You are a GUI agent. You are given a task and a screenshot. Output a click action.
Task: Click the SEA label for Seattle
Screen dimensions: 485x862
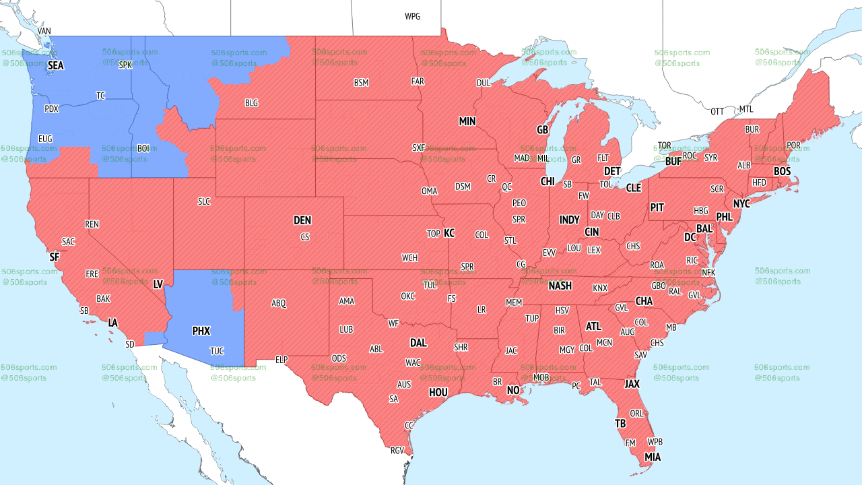[x=55, y=66]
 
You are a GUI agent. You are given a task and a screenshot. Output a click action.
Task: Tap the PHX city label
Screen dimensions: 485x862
[x=201, y=331]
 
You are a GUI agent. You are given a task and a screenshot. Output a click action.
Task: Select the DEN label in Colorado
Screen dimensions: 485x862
[x=302, y=220]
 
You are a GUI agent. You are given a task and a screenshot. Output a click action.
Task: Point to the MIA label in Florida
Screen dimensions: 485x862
[x=652, y=457]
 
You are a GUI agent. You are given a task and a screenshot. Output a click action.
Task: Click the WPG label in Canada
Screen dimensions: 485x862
[x=412, y=16]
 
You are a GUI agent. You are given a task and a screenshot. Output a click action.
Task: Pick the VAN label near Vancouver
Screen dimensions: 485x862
[x=44, y=31]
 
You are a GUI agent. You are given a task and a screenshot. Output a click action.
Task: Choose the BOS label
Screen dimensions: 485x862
[x=782, y=172]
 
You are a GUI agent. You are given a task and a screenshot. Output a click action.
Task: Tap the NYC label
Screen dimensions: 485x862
[x=741, y=203]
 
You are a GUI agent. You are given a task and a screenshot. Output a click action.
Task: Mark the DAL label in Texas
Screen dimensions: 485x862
[x=418, y=343]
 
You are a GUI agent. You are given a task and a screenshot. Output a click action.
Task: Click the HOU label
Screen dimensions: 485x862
[x=438, y=392]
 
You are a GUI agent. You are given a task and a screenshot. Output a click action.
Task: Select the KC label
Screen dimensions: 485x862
[x=449, y=234]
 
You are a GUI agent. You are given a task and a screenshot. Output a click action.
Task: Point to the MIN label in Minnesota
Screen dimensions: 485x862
[x=467, y=122]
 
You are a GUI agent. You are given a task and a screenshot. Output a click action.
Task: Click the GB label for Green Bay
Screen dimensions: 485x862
[x=542, y=129]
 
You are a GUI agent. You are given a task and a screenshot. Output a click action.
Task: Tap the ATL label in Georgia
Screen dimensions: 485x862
[x=593, y=327]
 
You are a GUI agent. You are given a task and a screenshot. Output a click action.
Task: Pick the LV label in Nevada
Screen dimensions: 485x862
[x=158, y=285]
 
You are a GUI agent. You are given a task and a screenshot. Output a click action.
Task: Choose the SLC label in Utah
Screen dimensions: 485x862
[x=204, y=201]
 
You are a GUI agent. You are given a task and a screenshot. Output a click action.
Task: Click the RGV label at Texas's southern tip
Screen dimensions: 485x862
[x=397, y=451]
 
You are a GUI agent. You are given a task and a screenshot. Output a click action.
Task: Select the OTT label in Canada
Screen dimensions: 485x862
[x=717, y=111]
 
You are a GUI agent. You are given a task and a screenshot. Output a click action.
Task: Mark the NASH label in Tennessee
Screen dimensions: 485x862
[x=560, y=286]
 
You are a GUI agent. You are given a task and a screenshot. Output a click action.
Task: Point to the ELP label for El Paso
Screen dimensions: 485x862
[x=281, y=360]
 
